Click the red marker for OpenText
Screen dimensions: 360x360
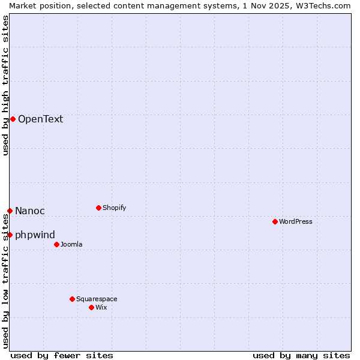(x=13, y=119)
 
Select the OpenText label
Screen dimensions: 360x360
(x=40, y=119)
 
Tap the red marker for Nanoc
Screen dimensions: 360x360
(x=10, y=211)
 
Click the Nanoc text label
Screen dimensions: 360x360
(x=30, y=211)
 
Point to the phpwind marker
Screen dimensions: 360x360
(x=10, y=235)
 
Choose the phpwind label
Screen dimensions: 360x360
(x=35, y=235)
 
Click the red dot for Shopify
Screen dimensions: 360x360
(x=98, y=208)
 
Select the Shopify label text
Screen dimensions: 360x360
(x=114, y=208)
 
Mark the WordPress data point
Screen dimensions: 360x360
(x=275, y=221)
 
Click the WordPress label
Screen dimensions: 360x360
(x=295, y=221)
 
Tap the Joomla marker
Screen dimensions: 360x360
(x=56, y=244)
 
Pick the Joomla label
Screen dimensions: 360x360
(x=71, y=244)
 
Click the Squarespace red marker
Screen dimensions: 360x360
(x=72, y=299)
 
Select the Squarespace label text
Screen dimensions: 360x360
(x=97, y=299)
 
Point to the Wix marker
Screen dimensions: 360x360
(x=91, y=307)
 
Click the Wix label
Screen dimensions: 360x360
(x=101, y=307)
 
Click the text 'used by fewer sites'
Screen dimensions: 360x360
(x=62, y=355)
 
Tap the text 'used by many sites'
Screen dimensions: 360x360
(x=301, y=355)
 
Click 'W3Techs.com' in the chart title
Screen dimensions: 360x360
(x=326, y=5)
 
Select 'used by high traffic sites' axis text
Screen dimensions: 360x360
(x=5, y=85)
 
